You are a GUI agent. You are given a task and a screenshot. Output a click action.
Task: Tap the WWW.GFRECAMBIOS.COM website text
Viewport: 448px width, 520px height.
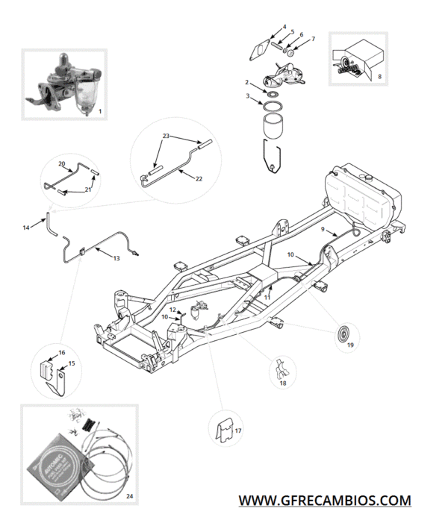point(324,499)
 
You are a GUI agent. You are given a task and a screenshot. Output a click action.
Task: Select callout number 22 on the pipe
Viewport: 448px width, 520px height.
point(199,179)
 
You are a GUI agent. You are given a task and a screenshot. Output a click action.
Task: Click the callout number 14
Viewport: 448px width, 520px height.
point(26,227)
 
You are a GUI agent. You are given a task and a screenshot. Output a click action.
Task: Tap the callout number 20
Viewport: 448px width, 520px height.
point(62,163)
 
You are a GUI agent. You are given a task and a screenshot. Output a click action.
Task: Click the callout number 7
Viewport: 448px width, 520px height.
point(313,39)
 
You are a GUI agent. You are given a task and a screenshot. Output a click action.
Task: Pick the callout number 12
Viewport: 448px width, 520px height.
point(172,309)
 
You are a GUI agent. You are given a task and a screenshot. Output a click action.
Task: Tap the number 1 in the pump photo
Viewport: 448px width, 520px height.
point(100,111)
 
